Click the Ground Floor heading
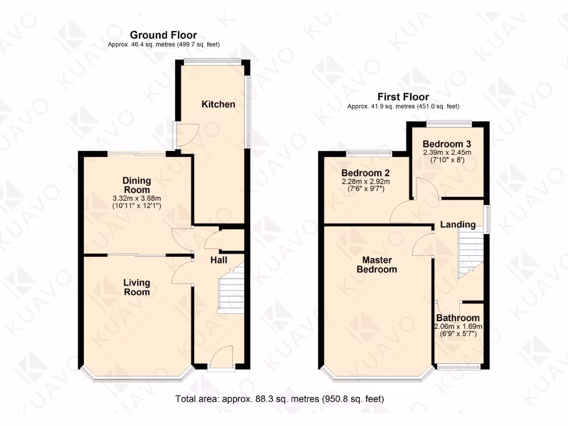[163, 35]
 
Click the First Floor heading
[403, 97]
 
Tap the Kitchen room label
[218, 104]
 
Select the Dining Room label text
[136, 185]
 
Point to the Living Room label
[136, 287]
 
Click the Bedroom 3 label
[447, 143]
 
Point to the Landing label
[458, 225]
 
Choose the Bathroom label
[458, 318]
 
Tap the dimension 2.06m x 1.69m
[458, 326]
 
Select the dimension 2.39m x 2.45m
[447, 153]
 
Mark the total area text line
[280, 398]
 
